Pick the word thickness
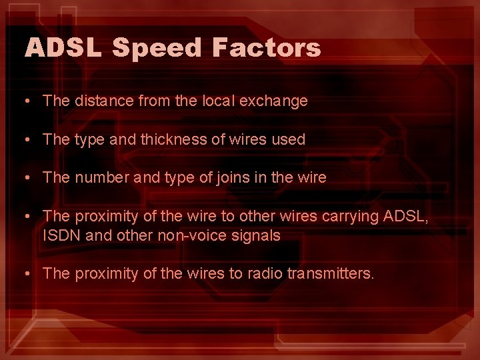171,140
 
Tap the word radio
267,274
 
